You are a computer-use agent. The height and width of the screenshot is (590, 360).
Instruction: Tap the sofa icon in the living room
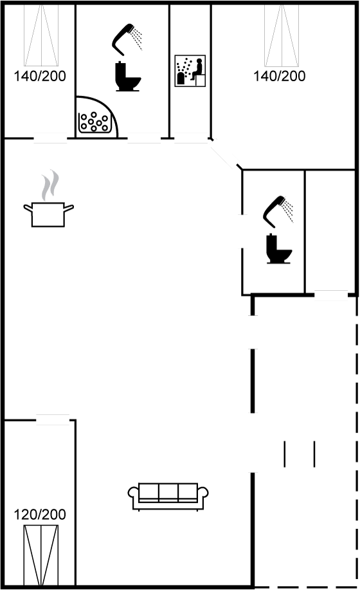click(168, 496)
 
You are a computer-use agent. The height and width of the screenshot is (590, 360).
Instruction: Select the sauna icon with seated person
click(190, 71)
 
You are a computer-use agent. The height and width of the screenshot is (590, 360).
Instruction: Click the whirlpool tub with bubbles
click(94, 122)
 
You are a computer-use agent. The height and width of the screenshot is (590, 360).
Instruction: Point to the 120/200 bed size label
click(40, 514)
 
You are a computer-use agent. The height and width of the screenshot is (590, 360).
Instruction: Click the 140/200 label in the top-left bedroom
click(40, 76)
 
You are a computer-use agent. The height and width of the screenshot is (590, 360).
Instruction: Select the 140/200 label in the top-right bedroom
click(279, 76)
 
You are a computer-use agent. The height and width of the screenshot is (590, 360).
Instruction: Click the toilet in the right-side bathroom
click(279, 249)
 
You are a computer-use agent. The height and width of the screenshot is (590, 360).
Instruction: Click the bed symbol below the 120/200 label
click(41, 555)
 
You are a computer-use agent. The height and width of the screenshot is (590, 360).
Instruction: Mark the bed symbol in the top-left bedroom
click(41, 35)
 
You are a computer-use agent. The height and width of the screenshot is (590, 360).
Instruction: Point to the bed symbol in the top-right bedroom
click(282, 35)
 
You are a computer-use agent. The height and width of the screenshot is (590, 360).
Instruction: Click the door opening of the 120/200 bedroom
click(53, 419)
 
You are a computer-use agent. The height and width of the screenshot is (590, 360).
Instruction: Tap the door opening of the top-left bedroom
click(50, 138)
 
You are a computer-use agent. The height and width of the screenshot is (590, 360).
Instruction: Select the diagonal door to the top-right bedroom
click(225, 153)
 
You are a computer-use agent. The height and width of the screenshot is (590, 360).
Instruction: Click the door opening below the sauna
click(191, 138)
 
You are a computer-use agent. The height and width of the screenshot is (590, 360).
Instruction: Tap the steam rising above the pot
click(50, 185)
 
